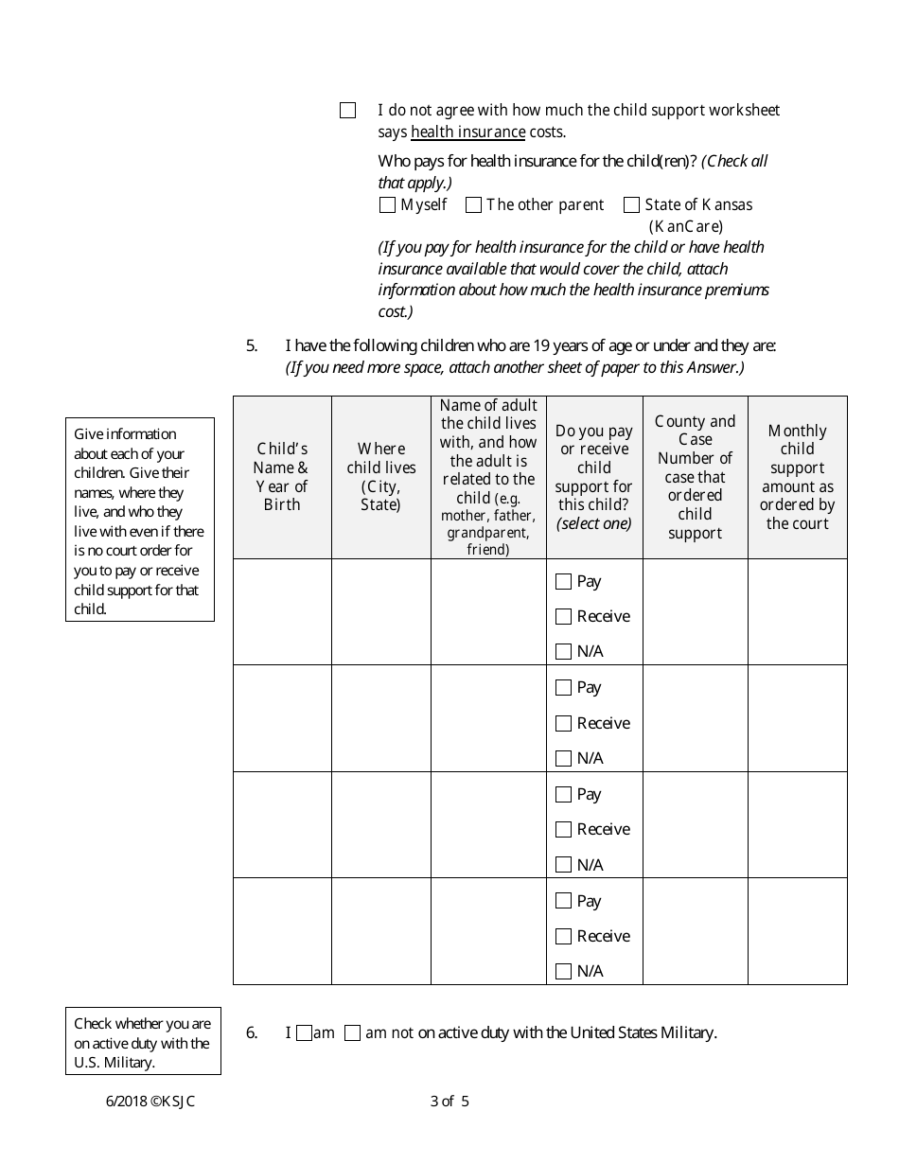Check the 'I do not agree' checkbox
point(347,111)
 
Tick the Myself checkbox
point(387,205)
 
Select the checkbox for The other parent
point(474,205)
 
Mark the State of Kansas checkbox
point(631,205)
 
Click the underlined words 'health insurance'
point(467,132)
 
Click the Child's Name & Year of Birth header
point(282,477)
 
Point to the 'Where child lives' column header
point(381,477)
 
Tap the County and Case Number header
point(695,477)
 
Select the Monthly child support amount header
point(797,477)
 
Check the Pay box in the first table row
point(564,582)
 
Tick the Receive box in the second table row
point(564,724)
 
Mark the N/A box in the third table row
point(564,865)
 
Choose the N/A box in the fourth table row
point(564,971)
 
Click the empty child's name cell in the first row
point(282,611)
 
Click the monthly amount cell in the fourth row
point(797,931)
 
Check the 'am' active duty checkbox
point(304,1034)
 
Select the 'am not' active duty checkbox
point(352,1034)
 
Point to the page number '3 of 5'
point(449,1101)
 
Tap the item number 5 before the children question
point(252,346)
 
